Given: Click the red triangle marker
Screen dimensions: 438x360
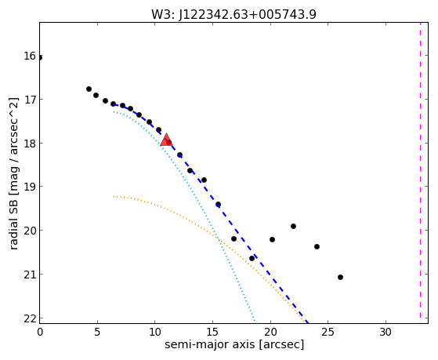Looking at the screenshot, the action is click(x=166, y=140).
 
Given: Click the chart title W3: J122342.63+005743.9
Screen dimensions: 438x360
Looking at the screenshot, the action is click(x=233, y=14).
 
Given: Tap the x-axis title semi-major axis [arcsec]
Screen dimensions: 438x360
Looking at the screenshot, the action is click(x=234, y=344).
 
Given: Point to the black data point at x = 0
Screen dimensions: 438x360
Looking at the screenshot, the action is click(x=40, y=57).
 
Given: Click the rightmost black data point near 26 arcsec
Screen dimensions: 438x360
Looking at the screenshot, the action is click(x=340, y=277).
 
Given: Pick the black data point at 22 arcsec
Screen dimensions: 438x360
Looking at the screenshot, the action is click(x=293, y=226).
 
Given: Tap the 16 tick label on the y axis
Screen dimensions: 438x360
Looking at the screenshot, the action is click(x=30, y=56).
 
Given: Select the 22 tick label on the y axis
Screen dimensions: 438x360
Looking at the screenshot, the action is click(x=30, y=318).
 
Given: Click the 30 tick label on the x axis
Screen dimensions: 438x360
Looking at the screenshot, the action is click(x=386, y=333).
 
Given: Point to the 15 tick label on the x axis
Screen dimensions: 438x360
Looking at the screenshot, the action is click(x=212, y=333).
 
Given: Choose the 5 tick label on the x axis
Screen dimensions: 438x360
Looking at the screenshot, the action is click(x=97, y=333).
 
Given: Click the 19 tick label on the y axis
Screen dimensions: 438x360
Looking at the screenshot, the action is click(x=30, y=187).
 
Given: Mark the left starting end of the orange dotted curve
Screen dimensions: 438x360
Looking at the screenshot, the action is click(x=114, y=196).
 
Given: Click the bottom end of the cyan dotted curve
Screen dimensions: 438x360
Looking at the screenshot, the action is click(x=255, y=320).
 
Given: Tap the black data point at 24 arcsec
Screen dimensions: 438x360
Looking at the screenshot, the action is click(x=317, y=246).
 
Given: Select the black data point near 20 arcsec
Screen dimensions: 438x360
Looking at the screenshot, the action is click(x=272, y=239).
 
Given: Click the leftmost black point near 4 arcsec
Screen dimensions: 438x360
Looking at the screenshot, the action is click(x=89, y=89).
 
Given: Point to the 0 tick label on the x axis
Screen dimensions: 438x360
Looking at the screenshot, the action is click(x=40, y=333).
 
